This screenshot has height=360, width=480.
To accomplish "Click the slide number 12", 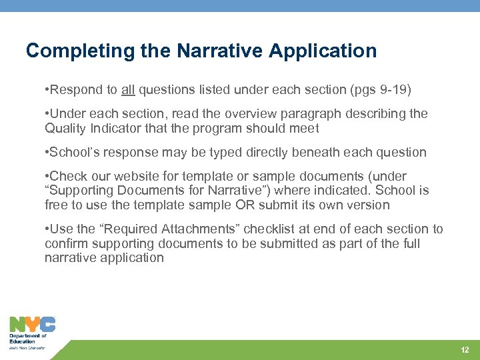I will click(x=465, y=350).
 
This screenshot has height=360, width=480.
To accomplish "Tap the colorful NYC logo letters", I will click(x=32, y=324).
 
